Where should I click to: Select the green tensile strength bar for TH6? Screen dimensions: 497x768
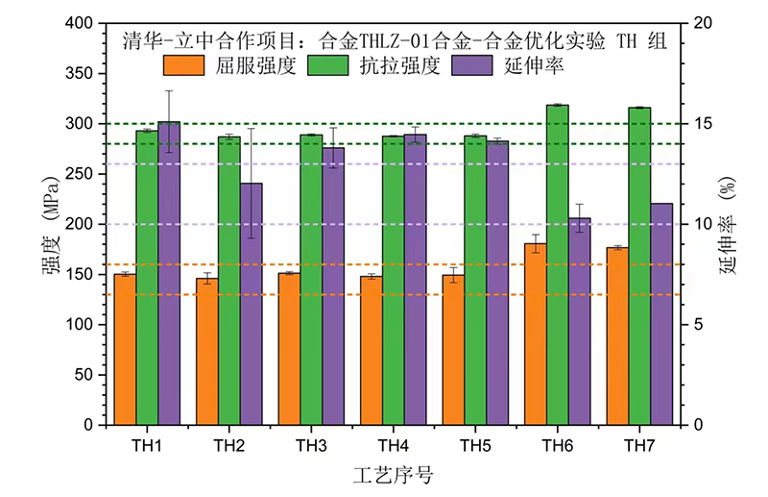point(558,264)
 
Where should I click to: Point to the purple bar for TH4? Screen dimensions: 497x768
point(415,279)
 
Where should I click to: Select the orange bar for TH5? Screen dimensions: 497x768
point(453,350)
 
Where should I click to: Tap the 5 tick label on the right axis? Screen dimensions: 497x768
point(698,324)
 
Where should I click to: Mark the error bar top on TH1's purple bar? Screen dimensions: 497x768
point(169,90)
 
